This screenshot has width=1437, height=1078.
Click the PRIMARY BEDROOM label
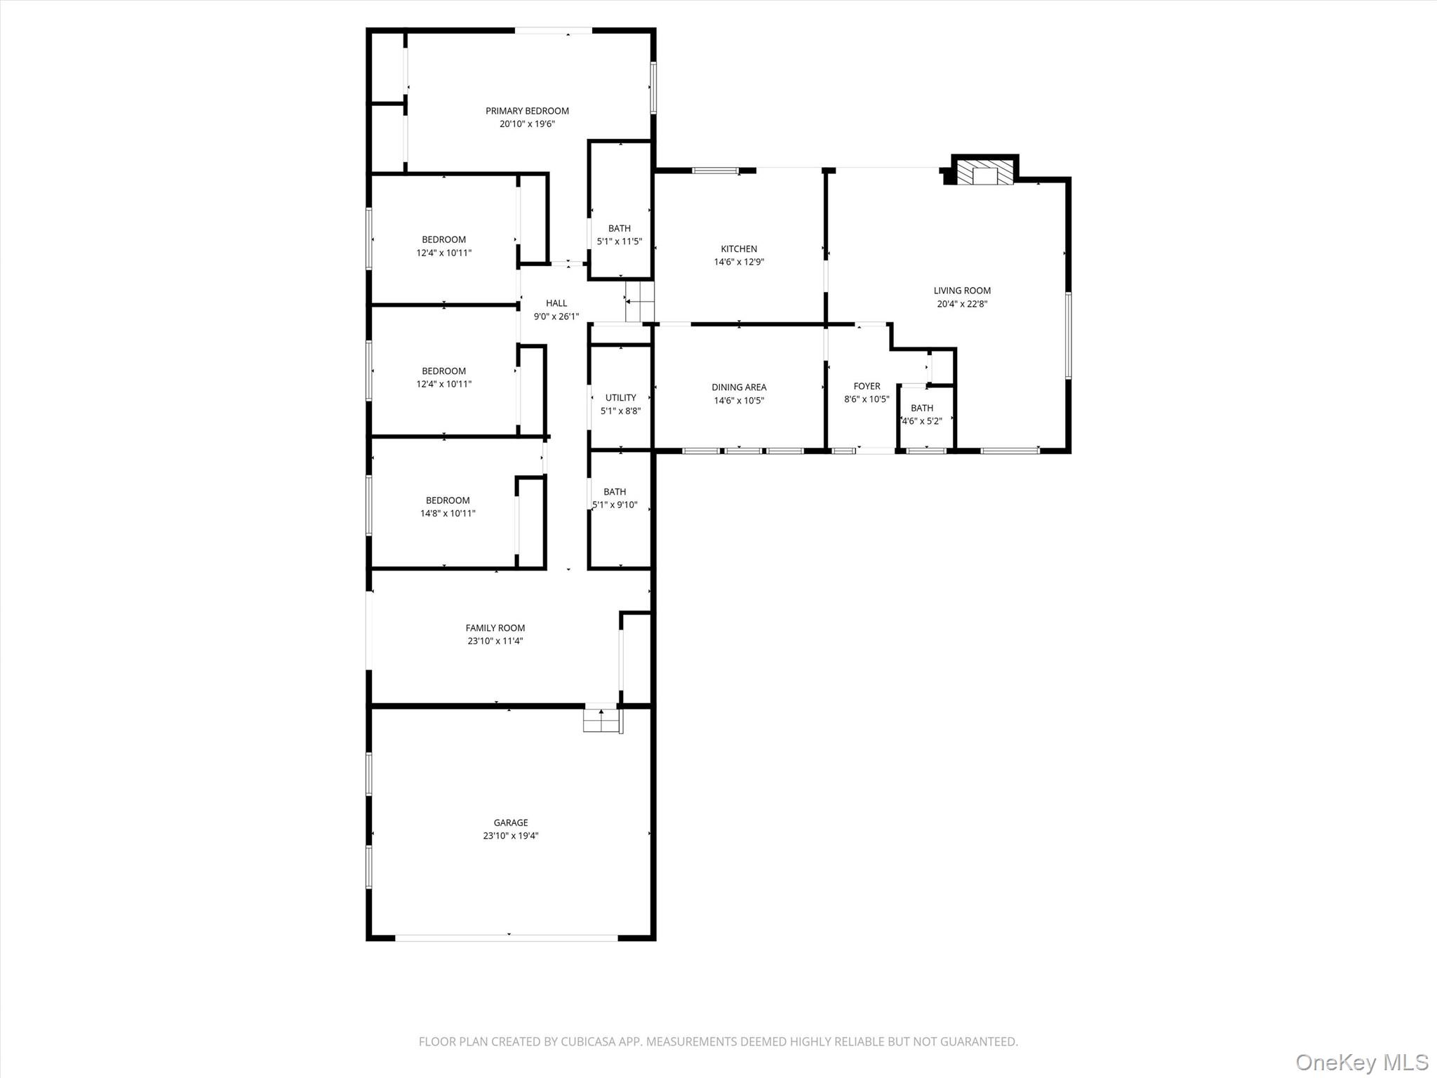[527, 111]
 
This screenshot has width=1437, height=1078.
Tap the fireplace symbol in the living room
[986, 173]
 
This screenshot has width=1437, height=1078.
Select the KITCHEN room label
[739, 249]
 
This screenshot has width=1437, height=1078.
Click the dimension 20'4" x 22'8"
[962, 304]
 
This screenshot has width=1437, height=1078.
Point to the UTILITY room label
[620, 398]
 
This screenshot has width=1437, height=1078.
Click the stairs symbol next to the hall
[640, 302]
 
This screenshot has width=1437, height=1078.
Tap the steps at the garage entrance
[602, 721]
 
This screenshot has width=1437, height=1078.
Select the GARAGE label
[510, 823]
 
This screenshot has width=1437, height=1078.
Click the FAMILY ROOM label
[495, 628]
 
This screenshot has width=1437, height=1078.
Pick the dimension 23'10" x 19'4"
[510, 836]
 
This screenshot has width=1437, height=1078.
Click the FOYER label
[867, 386]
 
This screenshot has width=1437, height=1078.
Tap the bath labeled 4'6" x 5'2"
[921, 415]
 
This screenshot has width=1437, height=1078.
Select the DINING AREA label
[739, 387]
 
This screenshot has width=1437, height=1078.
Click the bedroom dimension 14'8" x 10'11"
[448, 514]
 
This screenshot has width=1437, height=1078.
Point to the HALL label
[556, 303]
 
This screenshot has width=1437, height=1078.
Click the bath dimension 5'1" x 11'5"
[619, 241]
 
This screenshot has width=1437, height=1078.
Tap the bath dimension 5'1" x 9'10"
[615, 505]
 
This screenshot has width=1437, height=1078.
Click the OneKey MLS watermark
[1361, 1062]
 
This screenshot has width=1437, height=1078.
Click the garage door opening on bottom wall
[507, 938]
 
